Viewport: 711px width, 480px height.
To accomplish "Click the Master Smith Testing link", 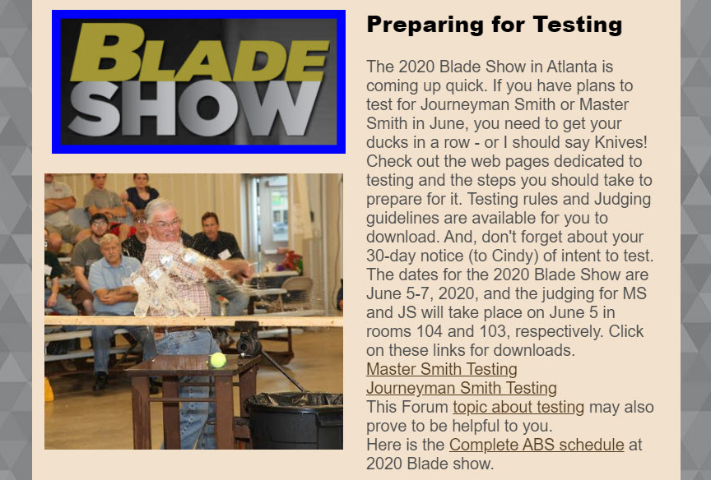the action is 442,369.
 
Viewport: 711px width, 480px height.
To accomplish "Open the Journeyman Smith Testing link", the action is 462,388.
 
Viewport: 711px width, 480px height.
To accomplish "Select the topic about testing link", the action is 518,407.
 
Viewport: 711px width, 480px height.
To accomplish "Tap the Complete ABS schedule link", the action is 537,445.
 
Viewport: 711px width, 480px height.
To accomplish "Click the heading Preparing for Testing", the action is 495,25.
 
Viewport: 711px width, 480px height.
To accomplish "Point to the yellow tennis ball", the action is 218,360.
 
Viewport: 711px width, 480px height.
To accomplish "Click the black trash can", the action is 295,420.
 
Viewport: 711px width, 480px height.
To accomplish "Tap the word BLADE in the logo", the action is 199,53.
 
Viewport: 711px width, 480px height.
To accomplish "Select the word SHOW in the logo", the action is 194,108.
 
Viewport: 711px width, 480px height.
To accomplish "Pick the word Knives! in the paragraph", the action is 620,142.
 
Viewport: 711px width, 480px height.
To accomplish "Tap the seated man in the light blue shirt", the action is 113,290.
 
